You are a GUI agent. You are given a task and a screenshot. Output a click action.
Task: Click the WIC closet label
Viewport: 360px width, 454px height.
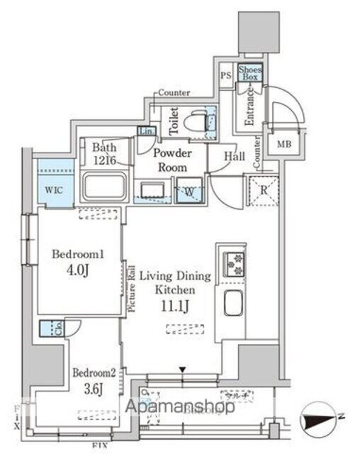(52, 190)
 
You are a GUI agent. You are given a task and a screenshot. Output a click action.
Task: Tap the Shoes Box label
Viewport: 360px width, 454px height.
(249, 73)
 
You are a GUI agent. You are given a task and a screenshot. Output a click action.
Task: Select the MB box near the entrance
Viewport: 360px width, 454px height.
(283, 144)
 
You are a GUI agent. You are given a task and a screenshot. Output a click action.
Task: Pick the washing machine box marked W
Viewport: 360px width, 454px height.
(190, 191)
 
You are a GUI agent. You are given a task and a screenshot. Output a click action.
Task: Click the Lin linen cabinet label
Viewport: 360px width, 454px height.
(146, 131)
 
